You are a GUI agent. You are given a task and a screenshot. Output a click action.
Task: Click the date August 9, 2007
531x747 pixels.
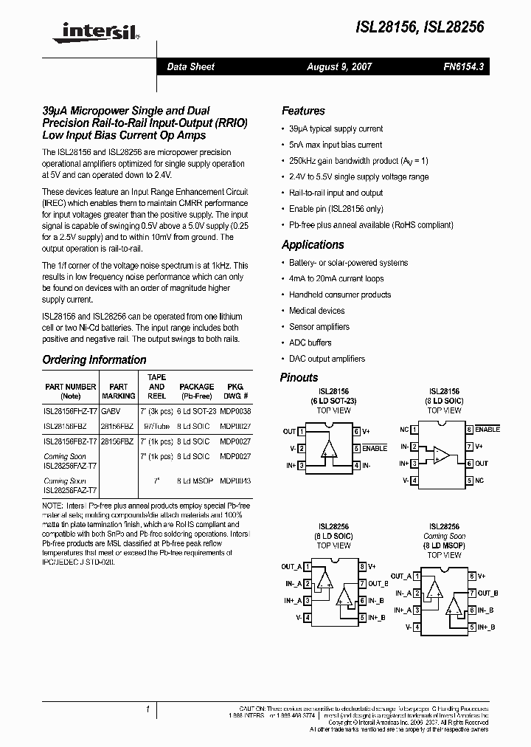(339, 67)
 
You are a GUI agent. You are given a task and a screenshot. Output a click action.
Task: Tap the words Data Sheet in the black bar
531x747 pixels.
(190, 67)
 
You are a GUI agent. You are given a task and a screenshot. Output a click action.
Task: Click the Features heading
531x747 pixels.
(303, 111)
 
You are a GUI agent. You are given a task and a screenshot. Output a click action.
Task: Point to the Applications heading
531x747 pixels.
(313, 245)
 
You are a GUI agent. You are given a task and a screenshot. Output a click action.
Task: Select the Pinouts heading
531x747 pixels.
(299, 378)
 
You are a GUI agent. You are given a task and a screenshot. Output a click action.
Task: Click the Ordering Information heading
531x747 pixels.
(94, 360)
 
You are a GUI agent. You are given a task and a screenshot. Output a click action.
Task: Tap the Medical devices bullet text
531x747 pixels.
(316, 311)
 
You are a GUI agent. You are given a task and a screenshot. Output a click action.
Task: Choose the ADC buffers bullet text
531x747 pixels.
(310, 342)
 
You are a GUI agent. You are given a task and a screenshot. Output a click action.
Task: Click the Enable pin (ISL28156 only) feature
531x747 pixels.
(336, 209)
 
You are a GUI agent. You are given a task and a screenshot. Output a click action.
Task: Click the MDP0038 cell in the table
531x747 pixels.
(235, 410)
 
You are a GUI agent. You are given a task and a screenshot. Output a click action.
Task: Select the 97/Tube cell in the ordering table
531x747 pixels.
(157, 426)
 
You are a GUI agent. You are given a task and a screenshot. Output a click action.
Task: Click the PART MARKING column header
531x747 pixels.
(118, 390)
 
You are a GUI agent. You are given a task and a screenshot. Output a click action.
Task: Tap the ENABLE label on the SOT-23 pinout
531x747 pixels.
(375, 449)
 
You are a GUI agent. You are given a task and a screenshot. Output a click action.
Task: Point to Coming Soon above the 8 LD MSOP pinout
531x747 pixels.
(444, 537)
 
